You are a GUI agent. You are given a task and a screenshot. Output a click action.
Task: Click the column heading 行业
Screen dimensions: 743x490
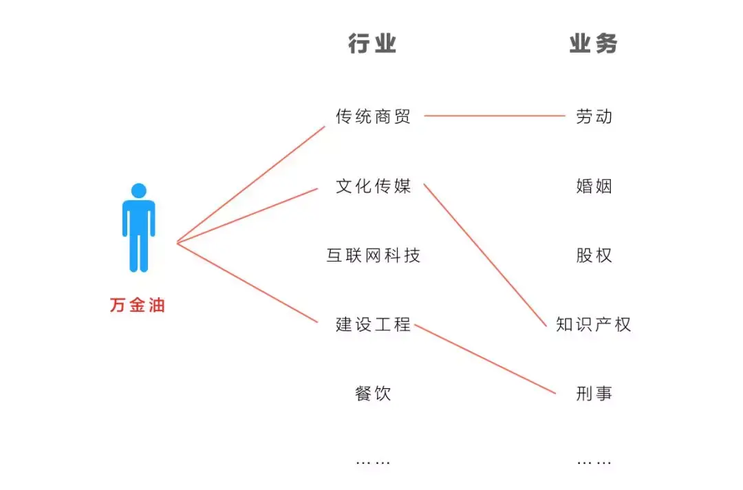point(372,45)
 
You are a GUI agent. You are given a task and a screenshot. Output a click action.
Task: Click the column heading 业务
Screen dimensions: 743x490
point(593,45)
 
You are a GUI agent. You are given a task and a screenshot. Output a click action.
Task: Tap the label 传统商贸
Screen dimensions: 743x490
point(373,117)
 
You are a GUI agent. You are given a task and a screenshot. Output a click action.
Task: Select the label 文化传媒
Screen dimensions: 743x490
point(373,187)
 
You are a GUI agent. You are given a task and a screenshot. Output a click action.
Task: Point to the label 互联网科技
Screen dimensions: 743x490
point(373,256)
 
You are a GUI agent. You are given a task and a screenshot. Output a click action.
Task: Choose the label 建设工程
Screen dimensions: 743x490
point(373,325)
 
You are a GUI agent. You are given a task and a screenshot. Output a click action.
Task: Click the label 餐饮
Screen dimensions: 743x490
point(373,394)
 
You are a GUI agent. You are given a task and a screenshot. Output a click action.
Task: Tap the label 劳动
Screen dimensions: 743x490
point(594,117)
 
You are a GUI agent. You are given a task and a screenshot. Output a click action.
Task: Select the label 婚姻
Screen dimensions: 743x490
point(594,187)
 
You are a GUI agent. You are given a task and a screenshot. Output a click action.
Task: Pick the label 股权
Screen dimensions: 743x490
point(594,256)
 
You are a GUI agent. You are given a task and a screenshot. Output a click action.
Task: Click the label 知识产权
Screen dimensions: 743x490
point(593,325)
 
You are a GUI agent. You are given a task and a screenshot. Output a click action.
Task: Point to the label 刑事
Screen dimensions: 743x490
point(594,394)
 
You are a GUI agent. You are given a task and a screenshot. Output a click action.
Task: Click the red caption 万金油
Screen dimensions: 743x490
point(138,306)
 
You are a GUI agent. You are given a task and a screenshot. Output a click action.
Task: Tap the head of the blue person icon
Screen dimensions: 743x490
point(139,191)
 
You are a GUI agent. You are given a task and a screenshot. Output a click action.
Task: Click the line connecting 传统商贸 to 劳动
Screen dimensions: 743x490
point(494,116)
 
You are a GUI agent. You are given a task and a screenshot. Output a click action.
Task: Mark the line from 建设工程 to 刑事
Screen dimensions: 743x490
point(485,359)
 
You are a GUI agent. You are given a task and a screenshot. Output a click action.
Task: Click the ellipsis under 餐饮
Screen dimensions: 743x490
point(373,462)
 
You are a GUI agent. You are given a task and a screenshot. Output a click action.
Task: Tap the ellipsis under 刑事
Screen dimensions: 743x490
point(594,462)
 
